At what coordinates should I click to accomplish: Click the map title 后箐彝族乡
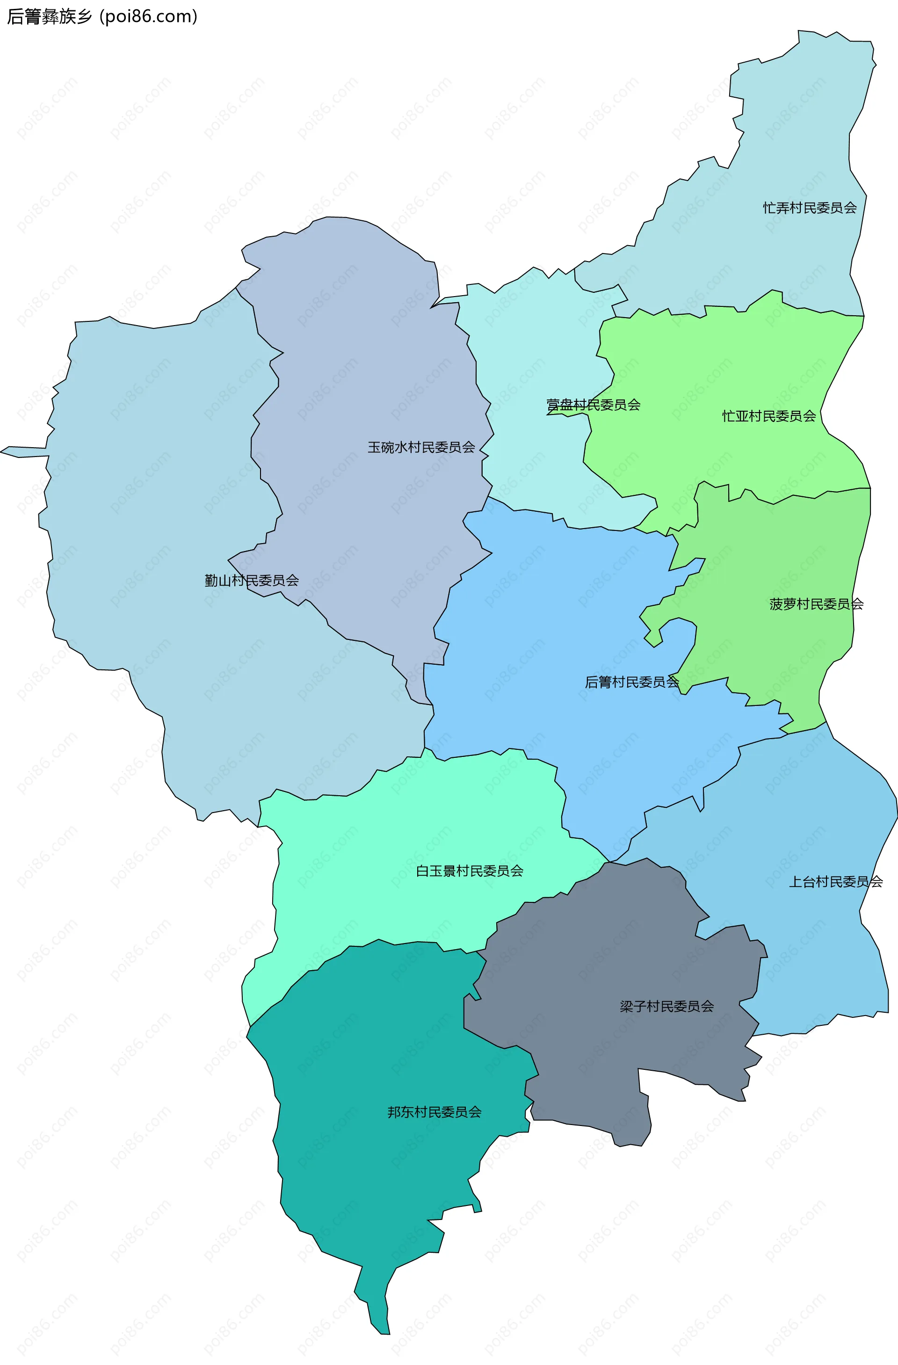[x=49, y=17]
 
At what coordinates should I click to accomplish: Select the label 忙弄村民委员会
[x=809, y=208]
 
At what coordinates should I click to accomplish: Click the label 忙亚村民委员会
[x=768, y=416]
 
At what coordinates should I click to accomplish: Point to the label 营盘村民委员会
[x=593, y=405]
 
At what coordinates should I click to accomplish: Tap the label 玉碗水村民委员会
[x=421, y=447]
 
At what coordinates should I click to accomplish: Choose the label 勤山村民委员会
[x=252, y=581]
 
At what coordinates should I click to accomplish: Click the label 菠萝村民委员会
[x=816, y=604]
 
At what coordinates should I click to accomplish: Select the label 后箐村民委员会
[x=631, y=682]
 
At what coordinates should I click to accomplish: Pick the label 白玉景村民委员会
[x=469, y=871]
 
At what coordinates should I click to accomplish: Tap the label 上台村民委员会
[x=835, y=882]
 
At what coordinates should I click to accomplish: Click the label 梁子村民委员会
[x=666, y=1007]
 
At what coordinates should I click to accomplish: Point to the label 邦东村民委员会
[x=434, y=1112]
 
